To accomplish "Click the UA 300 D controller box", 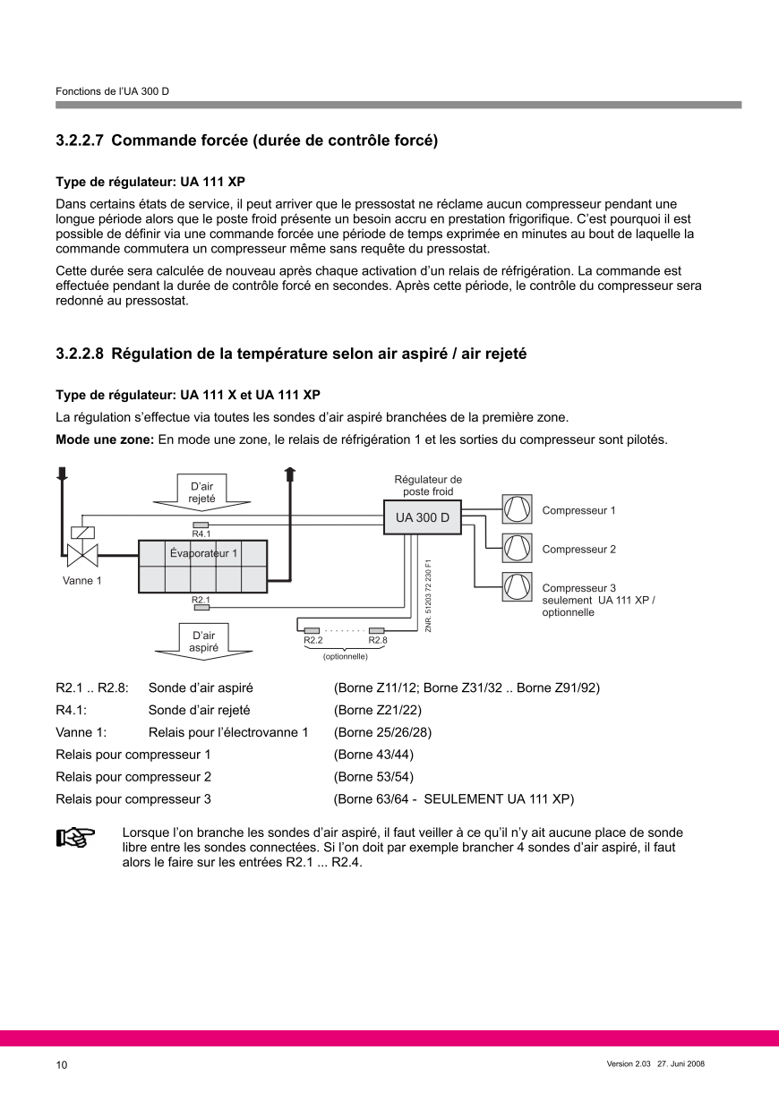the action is pyautogui.click(x=423, y=517).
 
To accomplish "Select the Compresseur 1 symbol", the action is pyautogui.click(x=517, y=508).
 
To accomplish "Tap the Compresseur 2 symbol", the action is pyautogui.click(x=517, y=548).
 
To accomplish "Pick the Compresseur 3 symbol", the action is pyautogui.click(x=517, y=586).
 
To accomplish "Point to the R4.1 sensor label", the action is pyautogui.click(x=201, y=533).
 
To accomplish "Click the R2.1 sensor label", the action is pyautogui.click(x=201, y=600).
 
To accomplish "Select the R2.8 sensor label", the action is pyautogui.click(x=378, y=640).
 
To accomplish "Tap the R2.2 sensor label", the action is pyautogui.click(x=313, y=640).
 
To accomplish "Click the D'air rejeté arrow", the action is pyautogui.click(x=201, y=492).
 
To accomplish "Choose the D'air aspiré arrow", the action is pyautogui.click(x=203, y=642).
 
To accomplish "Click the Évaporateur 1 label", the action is pyautogui.click(x=203, y=553).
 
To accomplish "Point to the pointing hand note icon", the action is pyautogui.click(x=75, y=838).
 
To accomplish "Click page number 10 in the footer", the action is pyautogui.click(x=62, y=1064).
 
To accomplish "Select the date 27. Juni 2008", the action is pyautogui.click(x=681, y=1063).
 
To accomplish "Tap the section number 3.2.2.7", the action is pyautogui.click(x=80, y=141).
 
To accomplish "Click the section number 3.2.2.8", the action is pyautogui.click(x=80, y=354).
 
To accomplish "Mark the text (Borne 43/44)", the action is pyautogui.click(x=373, y=755).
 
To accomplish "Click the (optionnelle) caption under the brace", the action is pyautogui.click(x=346, y=657).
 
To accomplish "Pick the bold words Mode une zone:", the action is pyautogui.click(x=106, y=440).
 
